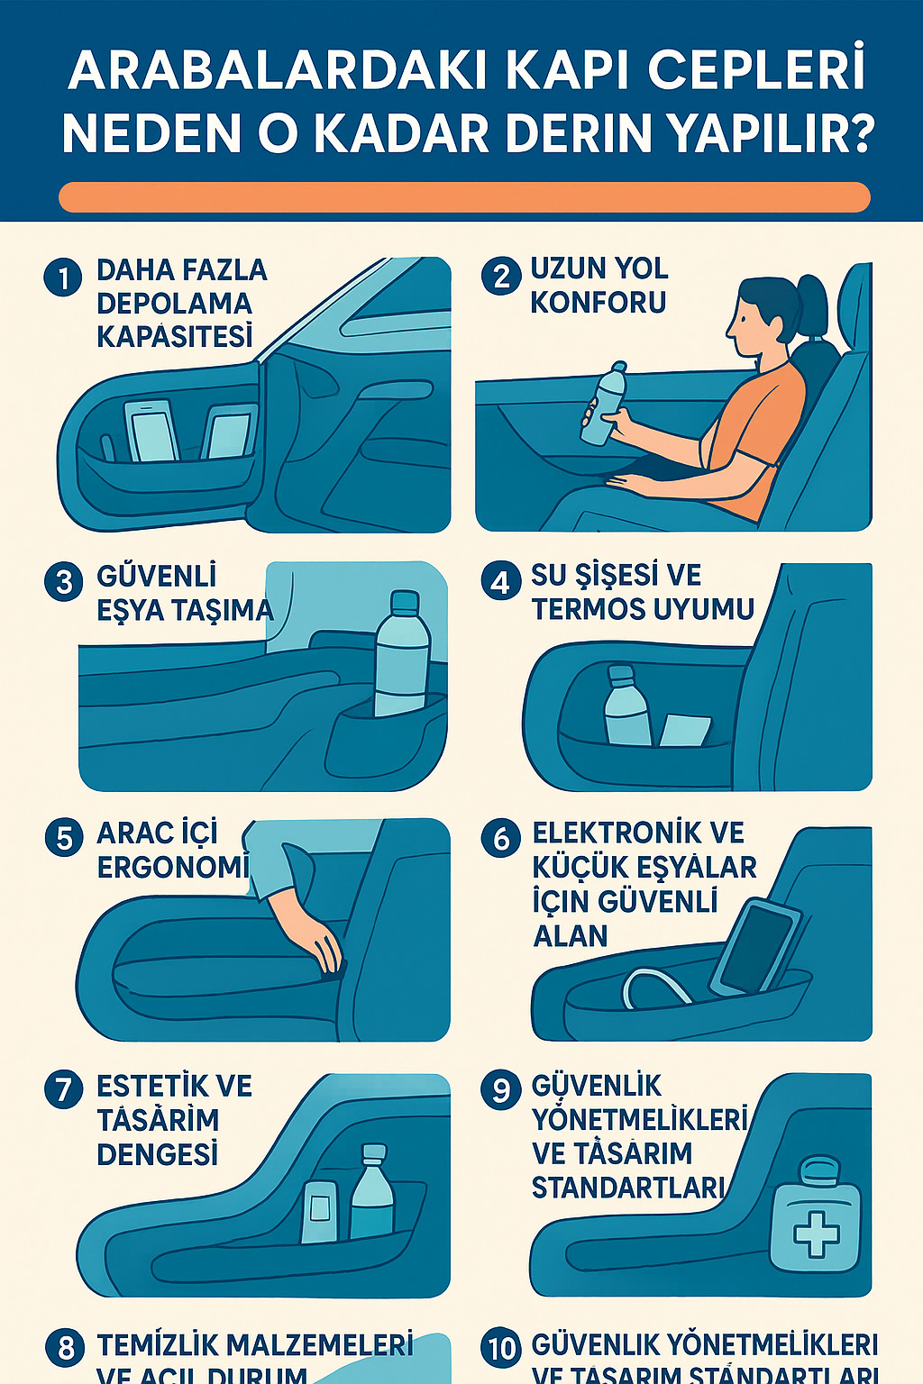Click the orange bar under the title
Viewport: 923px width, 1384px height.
(x=464, y=197)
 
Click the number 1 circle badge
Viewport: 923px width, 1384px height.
(x=63, y=277)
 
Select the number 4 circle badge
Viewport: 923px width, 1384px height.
(x=500, y=581)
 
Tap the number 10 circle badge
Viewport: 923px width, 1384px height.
(x=501, y=1348)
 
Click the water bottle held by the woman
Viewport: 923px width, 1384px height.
(x=603, y=405)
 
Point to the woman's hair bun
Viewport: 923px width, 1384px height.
(x=813, y=302)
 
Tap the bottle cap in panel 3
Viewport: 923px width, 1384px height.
(x=405, y=601)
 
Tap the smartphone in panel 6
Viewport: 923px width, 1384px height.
(x=756, y=947)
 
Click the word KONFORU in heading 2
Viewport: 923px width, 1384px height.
(x=599, y=303)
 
